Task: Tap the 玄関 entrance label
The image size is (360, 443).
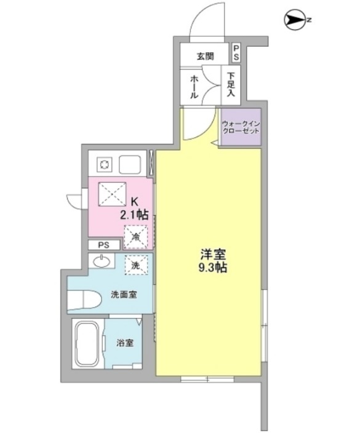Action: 205,56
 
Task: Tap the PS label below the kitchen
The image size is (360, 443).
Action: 103,245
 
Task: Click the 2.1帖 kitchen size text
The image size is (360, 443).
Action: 134,214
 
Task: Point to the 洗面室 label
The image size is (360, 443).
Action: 123,294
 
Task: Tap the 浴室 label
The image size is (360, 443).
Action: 126,343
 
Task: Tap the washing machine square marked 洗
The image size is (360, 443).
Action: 136,265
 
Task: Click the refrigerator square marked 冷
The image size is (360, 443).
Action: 135,234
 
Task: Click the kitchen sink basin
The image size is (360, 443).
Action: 131,164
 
